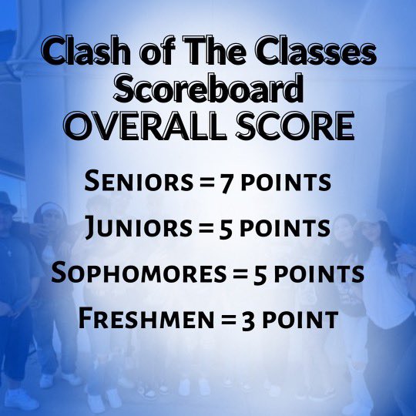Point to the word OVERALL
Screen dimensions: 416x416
pyautogui.click(x=138, y=126)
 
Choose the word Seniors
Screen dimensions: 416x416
pyautogui.click(x=128, y=183)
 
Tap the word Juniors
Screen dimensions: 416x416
pyautogui.click(x=128, y=229)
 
